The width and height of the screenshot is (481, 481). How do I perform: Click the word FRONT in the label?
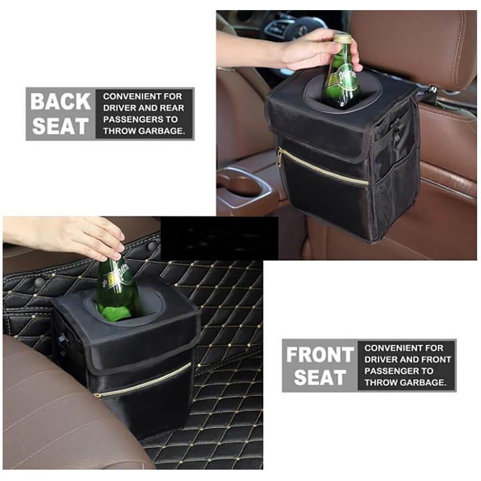pyautogui.click(x=320, y=354)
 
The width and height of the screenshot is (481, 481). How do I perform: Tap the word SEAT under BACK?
pyautogui.click(x=61, y=126)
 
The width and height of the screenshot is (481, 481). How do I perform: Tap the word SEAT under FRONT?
pyautogui.click(x=320, y=377)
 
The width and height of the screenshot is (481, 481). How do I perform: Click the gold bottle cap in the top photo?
pyautogui.click(x=342, y=38)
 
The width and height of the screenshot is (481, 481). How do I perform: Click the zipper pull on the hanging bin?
pyautogui.click(x=280, y=158)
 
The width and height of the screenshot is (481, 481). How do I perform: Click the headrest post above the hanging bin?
pyautogui.click(x=428, y=90)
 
